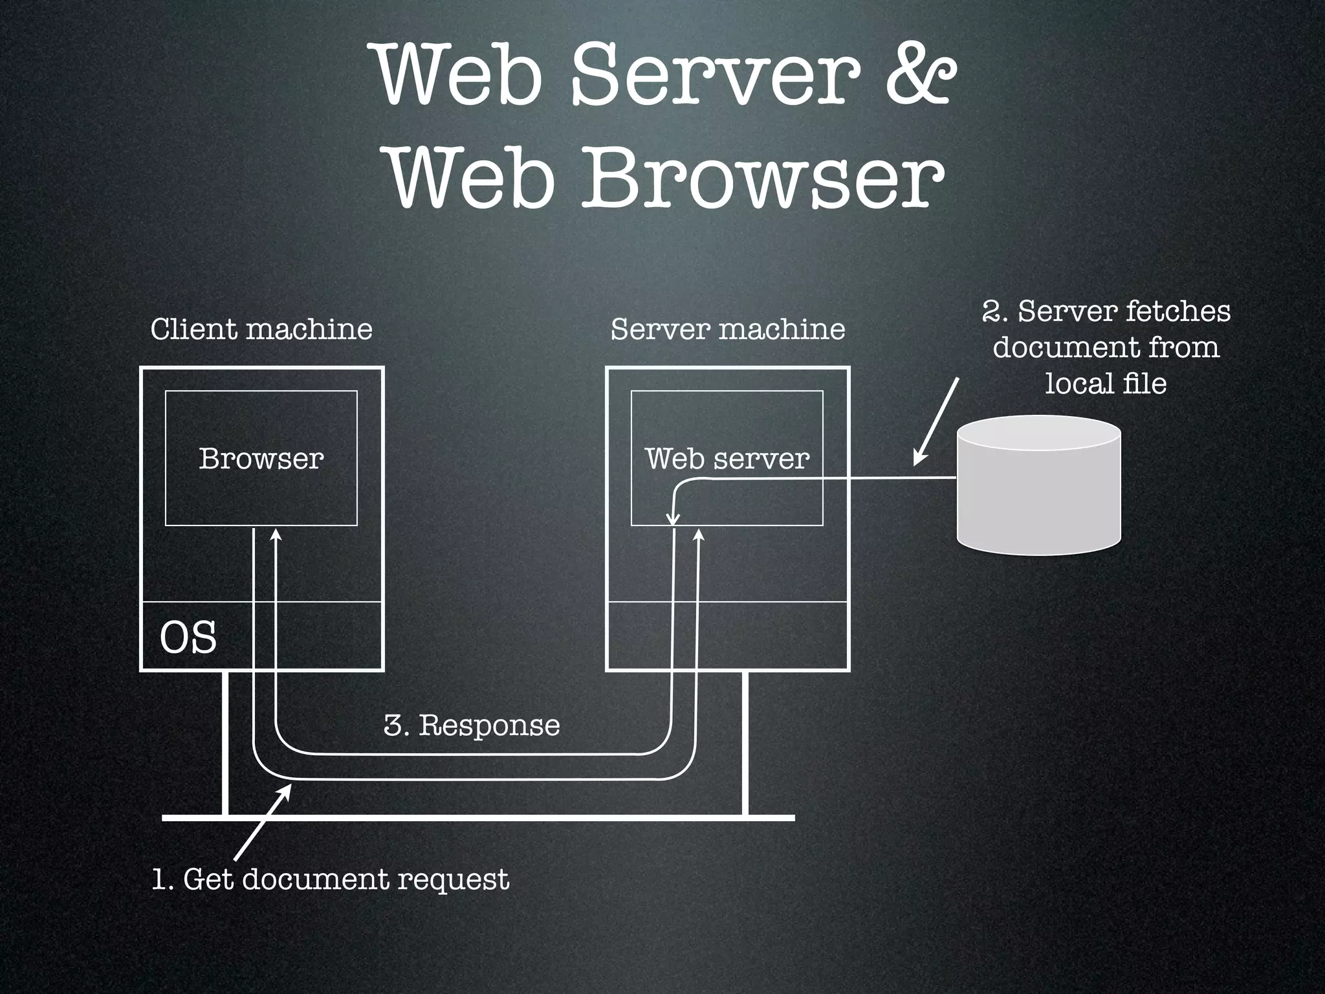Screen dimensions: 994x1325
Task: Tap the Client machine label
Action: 261,329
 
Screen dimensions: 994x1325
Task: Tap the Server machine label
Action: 728,329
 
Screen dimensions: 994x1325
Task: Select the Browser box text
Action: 261,459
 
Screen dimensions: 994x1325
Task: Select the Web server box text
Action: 727,459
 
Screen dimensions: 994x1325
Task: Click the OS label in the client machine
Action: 188,637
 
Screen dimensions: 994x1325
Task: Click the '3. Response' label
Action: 472,725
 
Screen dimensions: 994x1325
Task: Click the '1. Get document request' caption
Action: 331,879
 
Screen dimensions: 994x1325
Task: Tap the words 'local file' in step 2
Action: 1106,384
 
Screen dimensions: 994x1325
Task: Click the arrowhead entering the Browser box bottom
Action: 276,535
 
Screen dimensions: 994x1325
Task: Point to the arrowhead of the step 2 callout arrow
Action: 917,460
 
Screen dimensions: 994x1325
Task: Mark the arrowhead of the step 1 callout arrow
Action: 287,788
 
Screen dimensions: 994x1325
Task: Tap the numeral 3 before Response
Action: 392,725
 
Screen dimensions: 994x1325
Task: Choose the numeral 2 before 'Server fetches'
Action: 991,311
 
